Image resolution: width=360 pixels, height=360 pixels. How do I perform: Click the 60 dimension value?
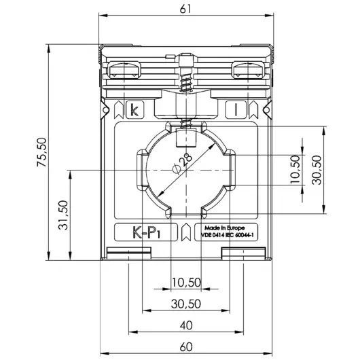[x=186, y=347]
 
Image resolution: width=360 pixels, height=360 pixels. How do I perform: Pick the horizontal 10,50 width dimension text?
[x=185, y=283]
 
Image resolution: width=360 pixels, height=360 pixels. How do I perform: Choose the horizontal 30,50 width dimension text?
[x=185, y=304]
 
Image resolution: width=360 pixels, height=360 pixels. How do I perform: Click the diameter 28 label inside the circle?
[x=184, y=162]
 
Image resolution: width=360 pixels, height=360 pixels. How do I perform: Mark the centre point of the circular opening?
[x=185, y=171]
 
